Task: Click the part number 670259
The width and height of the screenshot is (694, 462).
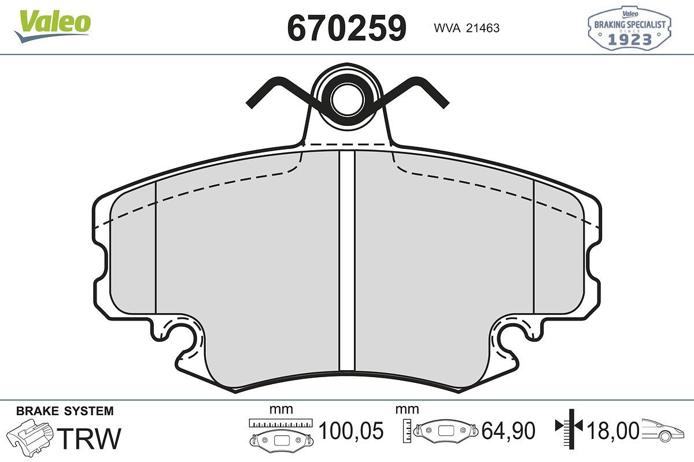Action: pos(346,28)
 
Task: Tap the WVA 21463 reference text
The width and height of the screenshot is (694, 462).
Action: pos(467,28)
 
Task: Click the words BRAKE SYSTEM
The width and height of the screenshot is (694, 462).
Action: pos(65,411)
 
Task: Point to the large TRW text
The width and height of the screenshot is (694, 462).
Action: pos(89,438)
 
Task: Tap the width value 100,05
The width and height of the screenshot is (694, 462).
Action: pos(350,431)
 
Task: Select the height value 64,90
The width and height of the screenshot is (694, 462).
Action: pos(508,431)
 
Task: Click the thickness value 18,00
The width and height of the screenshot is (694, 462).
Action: pos(612,431)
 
